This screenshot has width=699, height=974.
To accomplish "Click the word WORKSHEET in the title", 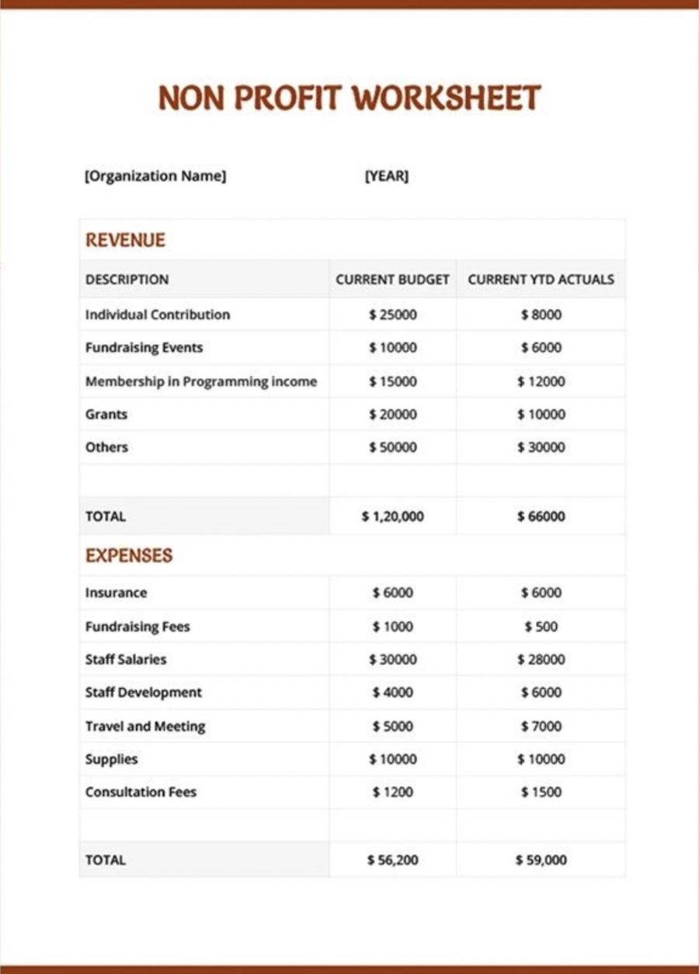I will pyautogui.click(x=446, y=99).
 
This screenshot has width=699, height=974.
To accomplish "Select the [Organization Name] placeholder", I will pyautogui.click(x=155, y=176).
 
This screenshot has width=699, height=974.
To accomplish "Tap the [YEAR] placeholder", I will pyautogui.click(x=386, y=176).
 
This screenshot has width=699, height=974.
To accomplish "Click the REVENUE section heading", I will pyautogui.click(x=125, y=240).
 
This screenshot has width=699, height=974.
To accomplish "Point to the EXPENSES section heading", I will pyautogui.click(x=129, y=555).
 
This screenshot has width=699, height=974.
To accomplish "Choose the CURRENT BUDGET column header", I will pyautogui.click(x=392, y=280).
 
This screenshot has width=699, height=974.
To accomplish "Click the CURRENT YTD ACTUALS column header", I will pyautogui.click(x=541, y=280).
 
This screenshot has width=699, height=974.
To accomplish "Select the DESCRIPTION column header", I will pyautogui.click(x=127, y=280).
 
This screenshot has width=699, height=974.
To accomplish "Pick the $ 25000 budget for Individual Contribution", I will pyautogui.click(x=393, y=315).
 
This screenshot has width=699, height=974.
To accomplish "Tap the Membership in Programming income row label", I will pyautogui.click(x=201, y=381).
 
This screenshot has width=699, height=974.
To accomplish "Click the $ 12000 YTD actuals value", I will pyautogui.click(x=541, y=381).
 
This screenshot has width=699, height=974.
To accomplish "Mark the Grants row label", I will pyautogui.click(x=106, y=415).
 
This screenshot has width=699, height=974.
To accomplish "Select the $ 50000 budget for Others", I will pyautogui.click(x=393, y=447).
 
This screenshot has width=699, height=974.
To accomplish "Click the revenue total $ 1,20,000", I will pyautogui.click(x=393, y=516).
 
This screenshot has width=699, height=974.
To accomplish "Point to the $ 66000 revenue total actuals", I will pyautogui.click(x=541, y=516).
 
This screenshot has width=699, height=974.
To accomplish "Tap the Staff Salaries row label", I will pyautogui.click(x=126, y=659).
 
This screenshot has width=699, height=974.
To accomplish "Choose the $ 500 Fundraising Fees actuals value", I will pyautogui.click(x=541, y=627).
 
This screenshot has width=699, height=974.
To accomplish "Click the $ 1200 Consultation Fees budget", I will pyautogui.click(x=393, y=792).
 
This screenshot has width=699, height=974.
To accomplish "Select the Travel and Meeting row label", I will pyautogui.click(x=145, y=726).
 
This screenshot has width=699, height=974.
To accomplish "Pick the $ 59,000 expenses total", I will pyautogui.click(x=541, y=860).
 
